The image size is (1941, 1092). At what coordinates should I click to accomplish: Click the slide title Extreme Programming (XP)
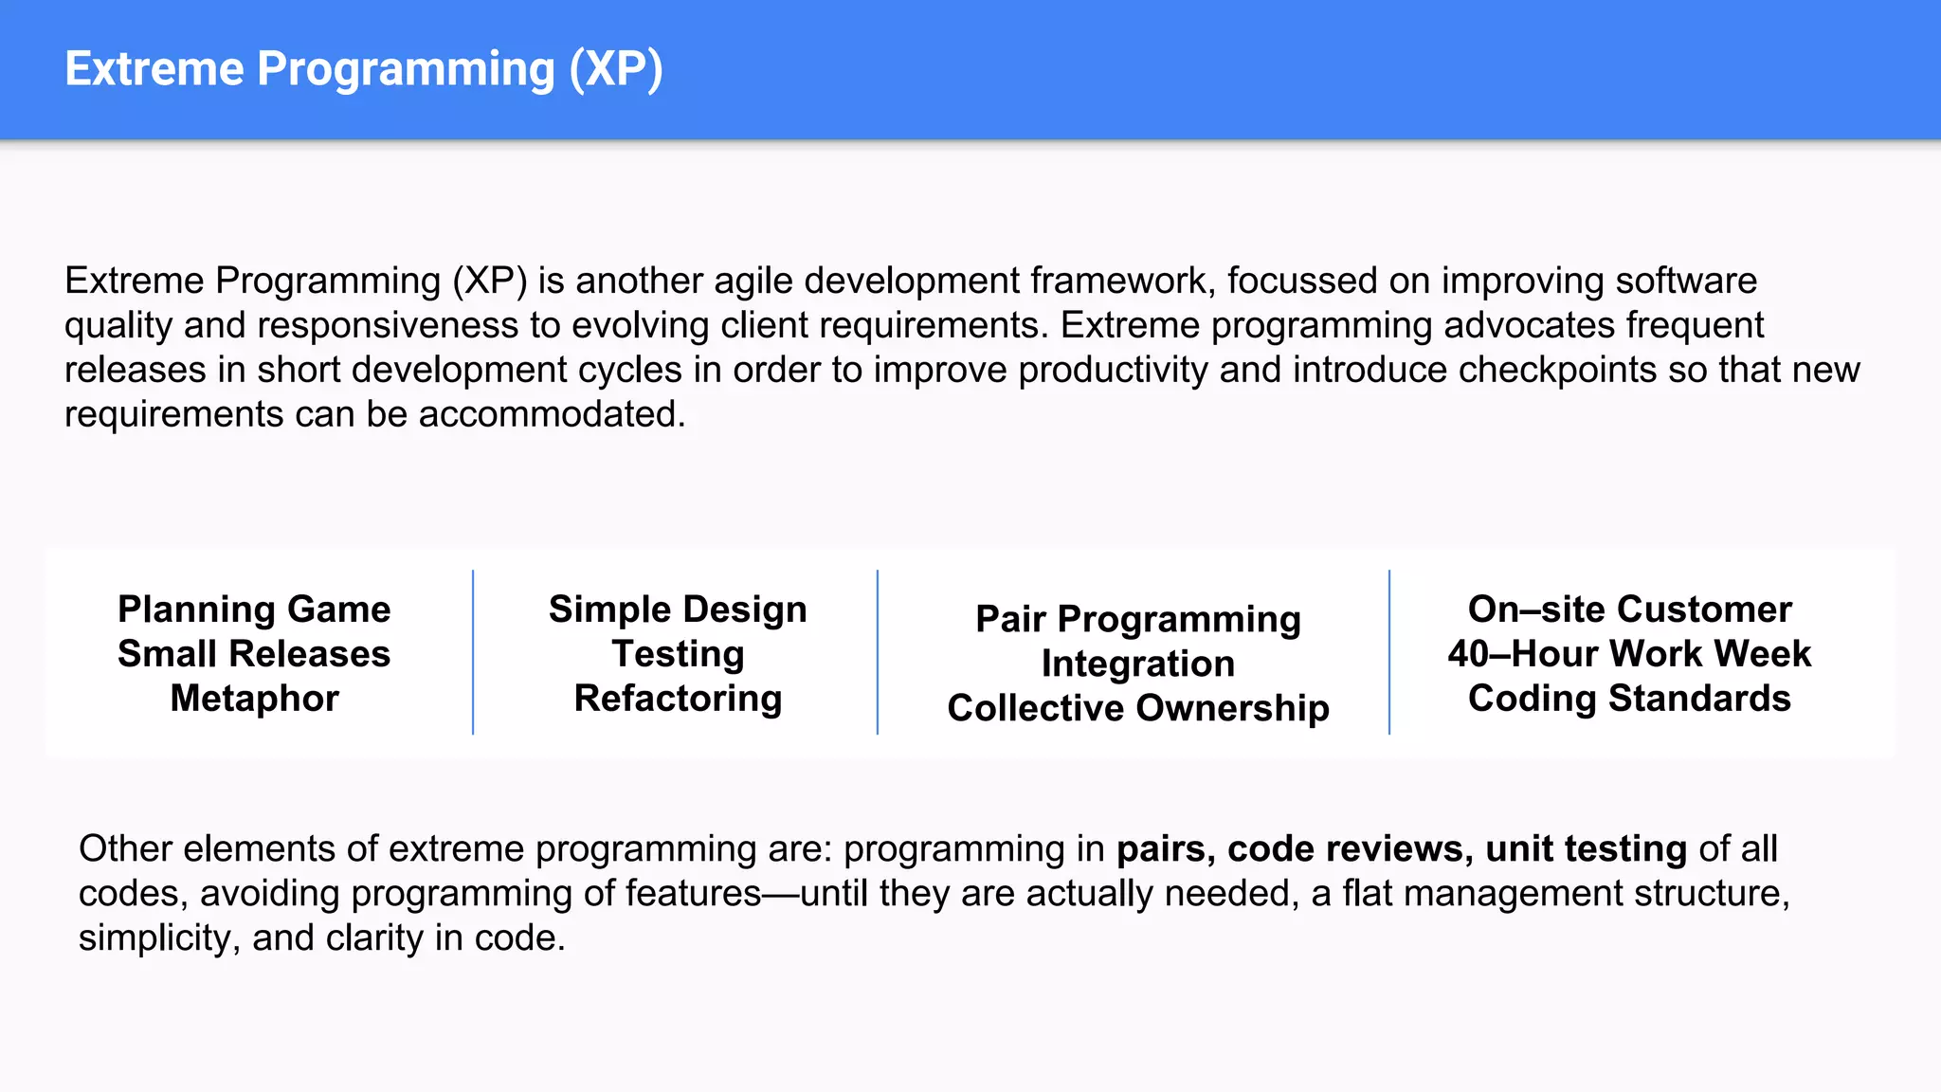363,69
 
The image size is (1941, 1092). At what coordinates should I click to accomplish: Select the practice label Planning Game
254,610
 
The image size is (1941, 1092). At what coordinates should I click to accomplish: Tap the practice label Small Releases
254,654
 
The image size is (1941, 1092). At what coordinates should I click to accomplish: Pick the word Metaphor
254,699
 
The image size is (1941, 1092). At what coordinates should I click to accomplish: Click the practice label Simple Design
678,610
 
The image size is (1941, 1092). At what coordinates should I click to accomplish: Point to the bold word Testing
678,654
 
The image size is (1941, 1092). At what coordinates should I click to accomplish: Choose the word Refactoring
678,699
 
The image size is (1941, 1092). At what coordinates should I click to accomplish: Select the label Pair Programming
1137,619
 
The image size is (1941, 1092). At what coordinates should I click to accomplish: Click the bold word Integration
1137,664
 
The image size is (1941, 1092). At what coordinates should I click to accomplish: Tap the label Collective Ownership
1137,708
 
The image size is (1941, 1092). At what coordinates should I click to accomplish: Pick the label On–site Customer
1629,610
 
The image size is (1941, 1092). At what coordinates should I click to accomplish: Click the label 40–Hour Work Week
1629,654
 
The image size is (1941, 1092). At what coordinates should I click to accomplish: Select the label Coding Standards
1629,699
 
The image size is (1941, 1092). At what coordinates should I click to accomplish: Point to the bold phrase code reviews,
1350,849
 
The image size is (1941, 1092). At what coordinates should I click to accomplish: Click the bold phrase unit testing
1586,849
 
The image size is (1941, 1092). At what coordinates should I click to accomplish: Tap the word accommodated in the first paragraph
551,415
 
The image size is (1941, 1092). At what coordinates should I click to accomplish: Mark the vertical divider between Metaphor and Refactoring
473,652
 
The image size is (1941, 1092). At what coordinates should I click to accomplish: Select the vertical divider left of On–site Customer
1389,652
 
